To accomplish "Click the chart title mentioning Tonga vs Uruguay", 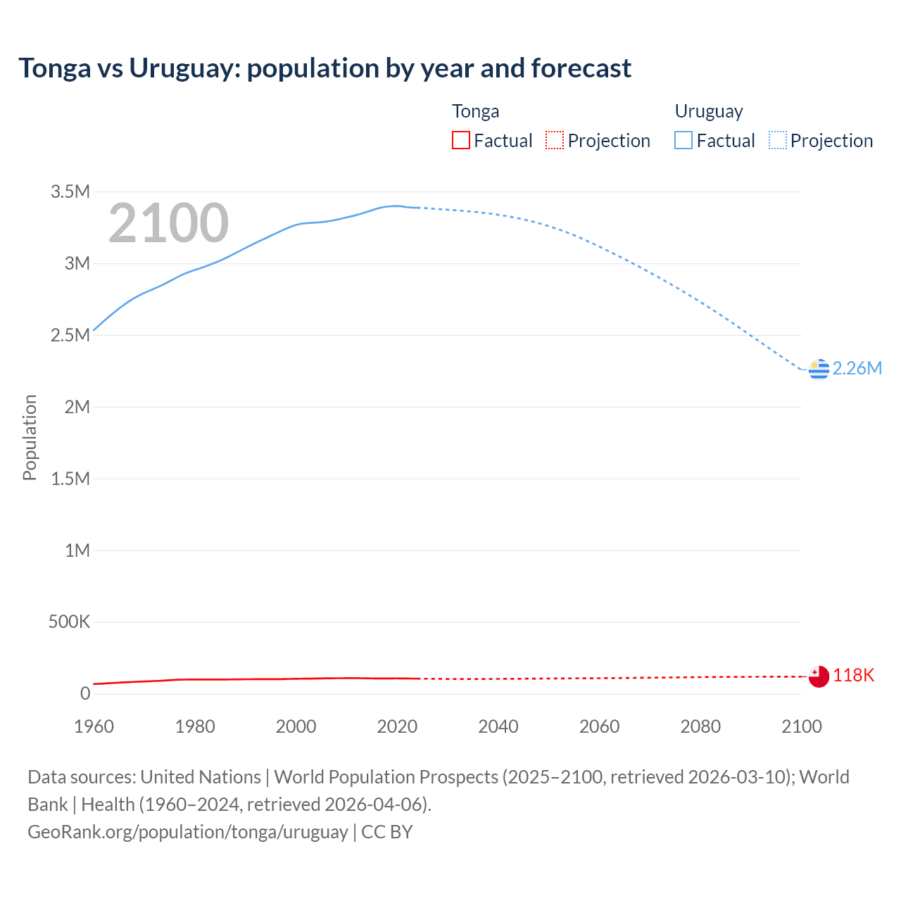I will click(x=325, y=68).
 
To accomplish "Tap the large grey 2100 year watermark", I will click(x=168, y=223).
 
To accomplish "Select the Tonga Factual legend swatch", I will click(x=460, y=140).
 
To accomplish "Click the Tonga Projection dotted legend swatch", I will click(x=555, y=140).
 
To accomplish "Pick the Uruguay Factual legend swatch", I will click(x=683, y=140).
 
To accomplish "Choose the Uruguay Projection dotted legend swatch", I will click(x=777, y=140).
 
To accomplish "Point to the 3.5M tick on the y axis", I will click(x=70, y=191).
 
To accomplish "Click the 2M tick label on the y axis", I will click(x=77, y=407).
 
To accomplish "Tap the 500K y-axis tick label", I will click(x=69, y=622).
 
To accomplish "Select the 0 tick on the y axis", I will click(x=85, y=693).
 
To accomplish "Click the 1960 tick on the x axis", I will click(x=94, y=726).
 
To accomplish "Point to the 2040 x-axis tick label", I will click(x=498, y=726).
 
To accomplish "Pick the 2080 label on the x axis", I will click(x=700, y=726).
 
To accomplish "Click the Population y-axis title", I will click(x=30, y=437).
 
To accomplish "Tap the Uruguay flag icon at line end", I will click(x=819, y=369).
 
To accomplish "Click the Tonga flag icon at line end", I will click(x=819, y=676).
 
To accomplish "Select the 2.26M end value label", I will click(x=857, y=368).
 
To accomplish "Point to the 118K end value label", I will click(x=853, y=676).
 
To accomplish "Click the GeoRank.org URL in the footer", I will click(x=187, y=832).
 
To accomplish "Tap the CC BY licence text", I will click(x=387, y=832).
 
